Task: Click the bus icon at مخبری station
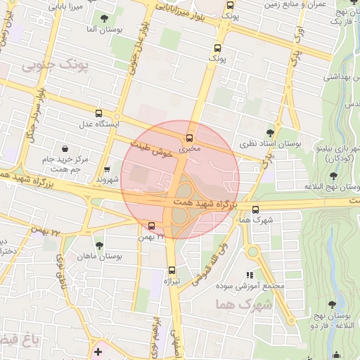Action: (x=188, y=137)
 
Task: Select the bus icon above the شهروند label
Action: (x=106, y=169)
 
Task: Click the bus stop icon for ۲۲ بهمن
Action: (x=152, y=225)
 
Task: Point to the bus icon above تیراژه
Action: (x=172, y=269)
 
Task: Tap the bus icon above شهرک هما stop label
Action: (x=255, y=209)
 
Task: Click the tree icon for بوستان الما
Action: (x=105, y=18)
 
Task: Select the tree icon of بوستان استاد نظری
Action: (x=271, y=132)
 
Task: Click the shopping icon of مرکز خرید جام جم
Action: (x=65, y=148)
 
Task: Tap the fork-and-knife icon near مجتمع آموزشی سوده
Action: (x=248, y=275)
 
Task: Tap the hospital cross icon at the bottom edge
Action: (x=97, y=351)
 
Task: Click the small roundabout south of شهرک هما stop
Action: (x=252, y=251)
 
